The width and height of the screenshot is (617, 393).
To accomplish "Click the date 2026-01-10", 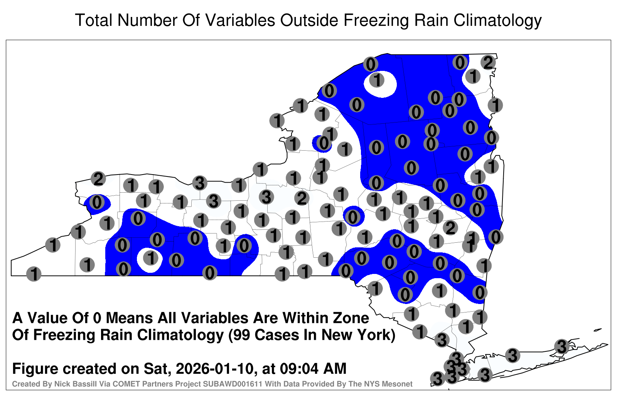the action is tap(214, 368).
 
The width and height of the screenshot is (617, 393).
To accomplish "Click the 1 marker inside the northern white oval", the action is tap(377, 80).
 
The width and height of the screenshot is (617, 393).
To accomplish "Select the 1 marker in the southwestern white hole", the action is tap(151, 258).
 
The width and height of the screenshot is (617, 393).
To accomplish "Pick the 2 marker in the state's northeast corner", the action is tap(488, 62).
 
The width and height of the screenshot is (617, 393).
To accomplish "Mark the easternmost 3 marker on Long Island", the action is tap(561, 346).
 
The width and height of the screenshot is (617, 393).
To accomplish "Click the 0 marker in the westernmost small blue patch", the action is tap(97, 202).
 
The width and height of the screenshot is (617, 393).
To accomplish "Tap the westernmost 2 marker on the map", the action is tap(98, 179).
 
